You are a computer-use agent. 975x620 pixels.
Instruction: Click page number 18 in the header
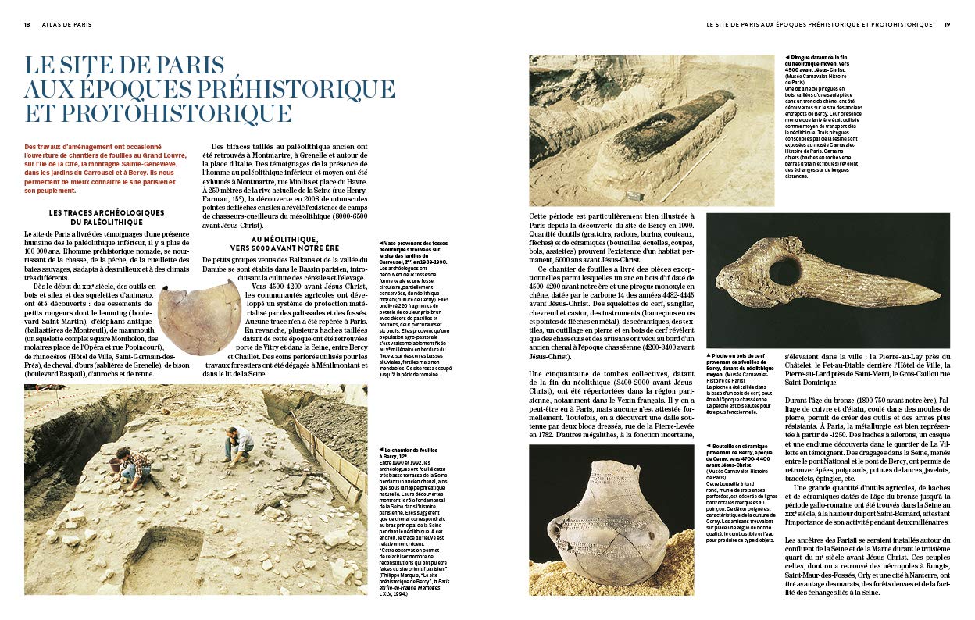click(27, 24)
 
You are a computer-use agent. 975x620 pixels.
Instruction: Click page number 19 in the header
click(946, 24)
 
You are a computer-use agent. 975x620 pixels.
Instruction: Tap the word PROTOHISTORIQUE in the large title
click(158, 112)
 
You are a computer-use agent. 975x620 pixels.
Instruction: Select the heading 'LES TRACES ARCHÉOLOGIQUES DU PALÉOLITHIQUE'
click(106, 216)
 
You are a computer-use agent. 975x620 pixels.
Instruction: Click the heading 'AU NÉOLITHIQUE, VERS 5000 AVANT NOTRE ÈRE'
click(284, 244)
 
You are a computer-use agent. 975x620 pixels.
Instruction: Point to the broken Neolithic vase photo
click(199, 316)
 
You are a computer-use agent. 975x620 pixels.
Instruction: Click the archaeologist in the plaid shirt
click(133, 466)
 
